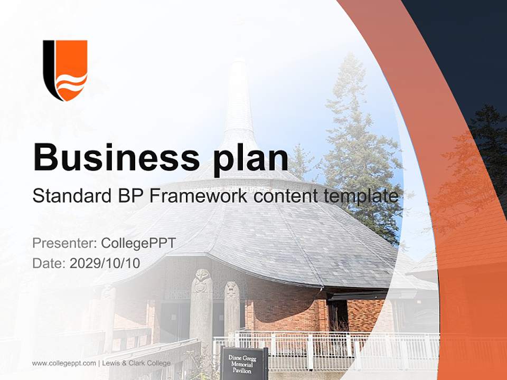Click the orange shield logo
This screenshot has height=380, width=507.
point(65,70)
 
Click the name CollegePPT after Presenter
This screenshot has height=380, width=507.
point(138,243)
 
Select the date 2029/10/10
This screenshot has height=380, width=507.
point(105,263)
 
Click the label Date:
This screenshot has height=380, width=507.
point(49,263)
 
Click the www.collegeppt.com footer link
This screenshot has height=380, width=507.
point(64,363)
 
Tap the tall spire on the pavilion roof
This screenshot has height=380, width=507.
point(239,100)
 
